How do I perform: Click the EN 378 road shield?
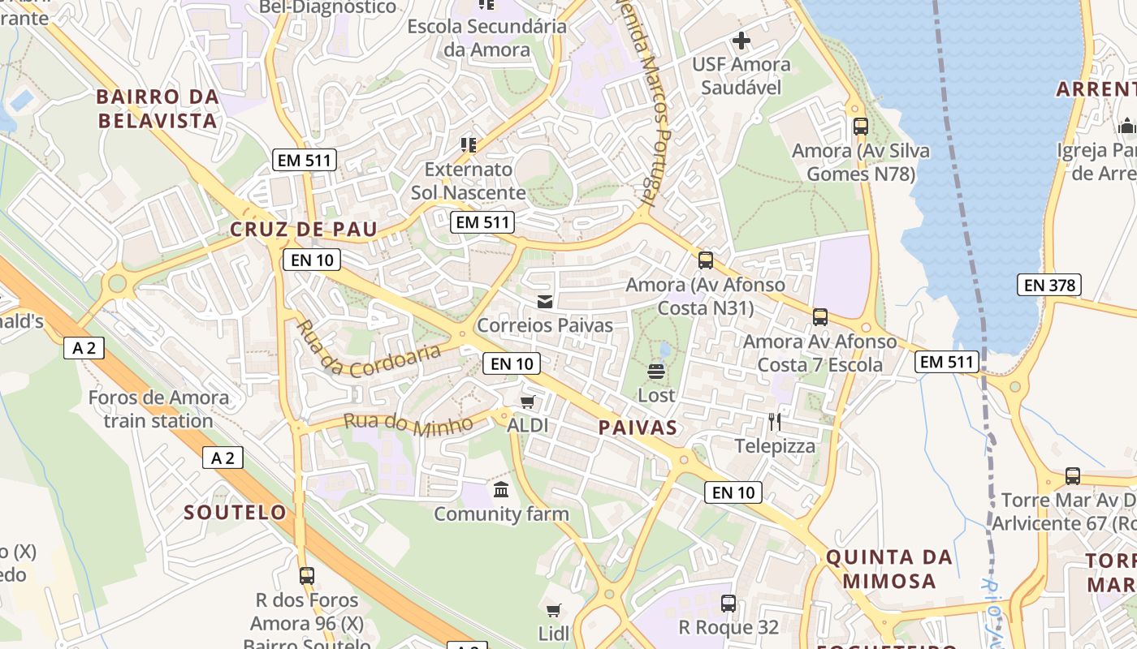1048,285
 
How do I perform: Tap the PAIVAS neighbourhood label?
638,428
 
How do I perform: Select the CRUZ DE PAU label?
304,230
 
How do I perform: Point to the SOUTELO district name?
235,513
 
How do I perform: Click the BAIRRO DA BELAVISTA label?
158,109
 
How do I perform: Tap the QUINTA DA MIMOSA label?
888,569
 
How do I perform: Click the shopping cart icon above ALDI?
528,402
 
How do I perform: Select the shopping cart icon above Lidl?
554,610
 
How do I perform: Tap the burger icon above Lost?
656,372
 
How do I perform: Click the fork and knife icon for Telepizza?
775,422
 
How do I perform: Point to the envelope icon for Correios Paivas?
545,302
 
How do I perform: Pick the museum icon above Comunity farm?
501,490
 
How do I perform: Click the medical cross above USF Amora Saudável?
741,40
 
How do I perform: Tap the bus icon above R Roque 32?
728,604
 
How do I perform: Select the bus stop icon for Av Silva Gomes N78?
861,127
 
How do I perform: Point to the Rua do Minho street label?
408,423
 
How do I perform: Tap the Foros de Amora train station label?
158,409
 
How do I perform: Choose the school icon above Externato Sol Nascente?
468,145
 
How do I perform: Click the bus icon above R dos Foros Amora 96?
306,576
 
